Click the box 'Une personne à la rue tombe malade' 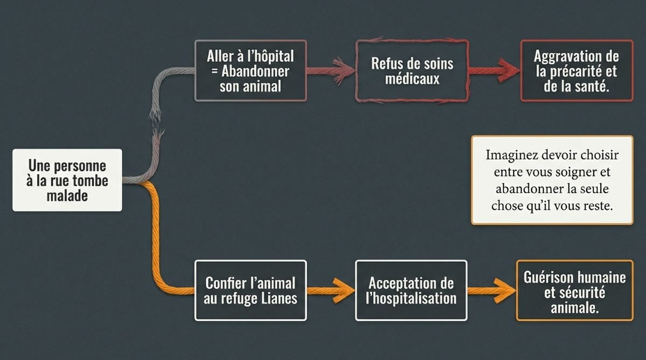click(67, 180)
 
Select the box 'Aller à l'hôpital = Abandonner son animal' click(250, 70)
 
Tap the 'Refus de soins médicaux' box click(412, 70)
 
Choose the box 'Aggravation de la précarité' click(576, 70)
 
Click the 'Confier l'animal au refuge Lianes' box click(250, 290)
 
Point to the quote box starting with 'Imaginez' click(552, 180)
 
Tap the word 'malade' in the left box click(67, 195)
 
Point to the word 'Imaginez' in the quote click(511, 155)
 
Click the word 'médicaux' click(412, 79)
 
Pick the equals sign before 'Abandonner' click(209, 70)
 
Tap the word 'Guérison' click(547, 277)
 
